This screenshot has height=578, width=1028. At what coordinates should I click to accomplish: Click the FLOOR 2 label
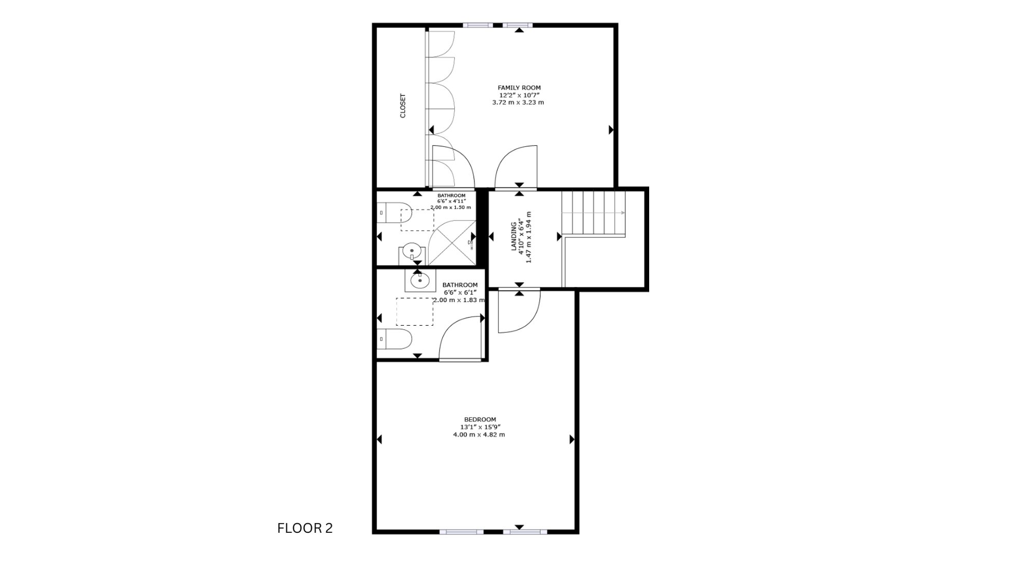point(305,528)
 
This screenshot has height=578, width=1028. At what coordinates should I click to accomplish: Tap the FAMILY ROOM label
point(519,88)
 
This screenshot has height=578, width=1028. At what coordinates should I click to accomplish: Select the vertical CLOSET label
point(403,105)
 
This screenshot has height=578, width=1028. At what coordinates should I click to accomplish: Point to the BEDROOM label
point(480,420)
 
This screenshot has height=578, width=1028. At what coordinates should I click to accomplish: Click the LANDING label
point(513,236)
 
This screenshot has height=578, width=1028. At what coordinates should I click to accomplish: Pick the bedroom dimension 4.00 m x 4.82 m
point(479,435)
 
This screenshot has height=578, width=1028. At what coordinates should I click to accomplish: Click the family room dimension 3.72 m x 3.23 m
point(518,102)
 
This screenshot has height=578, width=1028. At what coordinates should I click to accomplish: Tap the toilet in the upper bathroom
point(394,213)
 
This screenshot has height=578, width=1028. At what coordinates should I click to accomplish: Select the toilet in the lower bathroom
point(394,339)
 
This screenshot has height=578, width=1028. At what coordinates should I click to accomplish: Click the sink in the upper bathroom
point(412,253)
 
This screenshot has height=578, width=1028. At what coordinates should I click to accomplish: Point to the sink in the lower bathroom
point(420,280)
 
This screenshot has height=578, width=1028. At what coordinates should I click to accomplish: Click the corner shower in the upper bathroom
point(452,243)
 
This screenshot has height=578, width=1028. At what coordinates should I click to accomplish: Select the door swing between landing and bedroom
point(519,311)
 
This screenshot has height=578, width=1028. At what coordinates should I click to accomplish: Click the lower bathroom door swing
point(460,338)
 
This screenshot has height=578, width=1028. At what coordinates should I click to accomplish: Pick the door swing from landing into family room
point(516,167)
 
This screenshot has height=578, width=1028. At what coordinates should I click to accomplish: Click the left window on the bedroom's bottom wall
point(462,532)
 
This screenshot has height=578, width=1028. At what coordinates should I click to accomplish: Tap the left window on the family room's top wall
point(478,25)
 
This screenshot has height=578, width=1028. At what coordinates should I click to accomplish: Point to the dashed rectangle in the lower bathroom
point(415,311)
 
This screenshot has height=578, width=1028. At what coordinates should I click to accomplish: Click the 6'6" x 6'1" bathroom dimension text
point(461,292)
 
